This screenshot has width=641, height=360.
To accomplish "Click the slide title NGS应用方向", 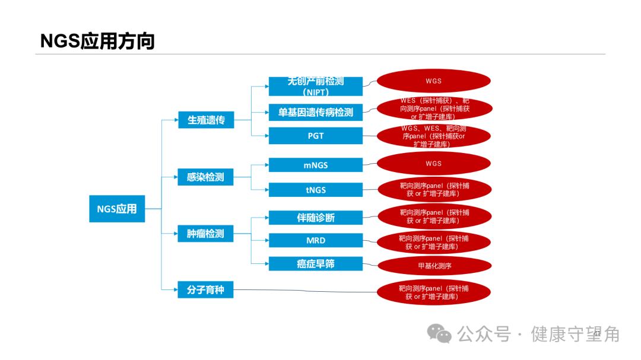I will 97,41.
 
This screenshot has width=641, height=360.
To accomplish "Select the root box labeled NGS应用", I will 117,209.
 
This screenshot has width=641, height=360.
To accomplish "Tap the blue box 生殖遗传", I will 206,120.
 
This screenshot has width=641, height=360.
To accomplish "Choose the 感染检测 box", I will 205,177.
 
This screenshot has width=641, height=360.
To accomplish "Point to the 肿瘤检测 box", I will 205,234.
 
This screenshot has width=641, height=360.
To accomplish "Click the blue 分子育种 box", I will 205,290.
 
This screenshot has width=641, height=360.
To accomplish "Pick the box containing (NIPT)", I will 315,87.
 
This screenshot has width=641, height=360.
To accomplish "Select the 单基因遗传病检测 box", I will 315,111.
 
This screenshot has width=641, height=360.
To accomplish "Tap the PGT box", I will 315,136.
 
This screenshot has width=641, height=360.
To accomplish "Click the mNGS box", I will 315,165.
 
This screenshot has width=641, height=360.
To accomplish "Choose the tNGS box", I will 315,190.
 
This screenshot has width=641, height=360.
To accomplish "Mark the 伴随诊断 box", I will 315,218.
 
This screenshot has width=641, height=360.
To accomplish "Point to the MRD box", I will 315,240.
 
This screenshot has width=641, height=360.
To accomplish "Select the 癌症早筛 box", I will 315,264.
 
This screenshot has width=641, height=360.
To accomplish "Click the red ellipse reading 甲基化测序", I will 434,266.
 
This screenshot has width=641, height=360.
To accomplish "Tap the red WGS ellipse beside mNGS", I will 434,164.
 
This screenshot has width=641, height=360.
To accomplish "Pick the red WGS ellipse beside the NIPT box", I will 434,81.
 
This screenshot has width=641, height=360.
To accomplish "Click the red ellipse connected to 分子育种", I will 434,292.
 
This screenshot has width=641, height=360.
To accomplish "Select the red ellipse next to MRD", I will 434,242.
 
